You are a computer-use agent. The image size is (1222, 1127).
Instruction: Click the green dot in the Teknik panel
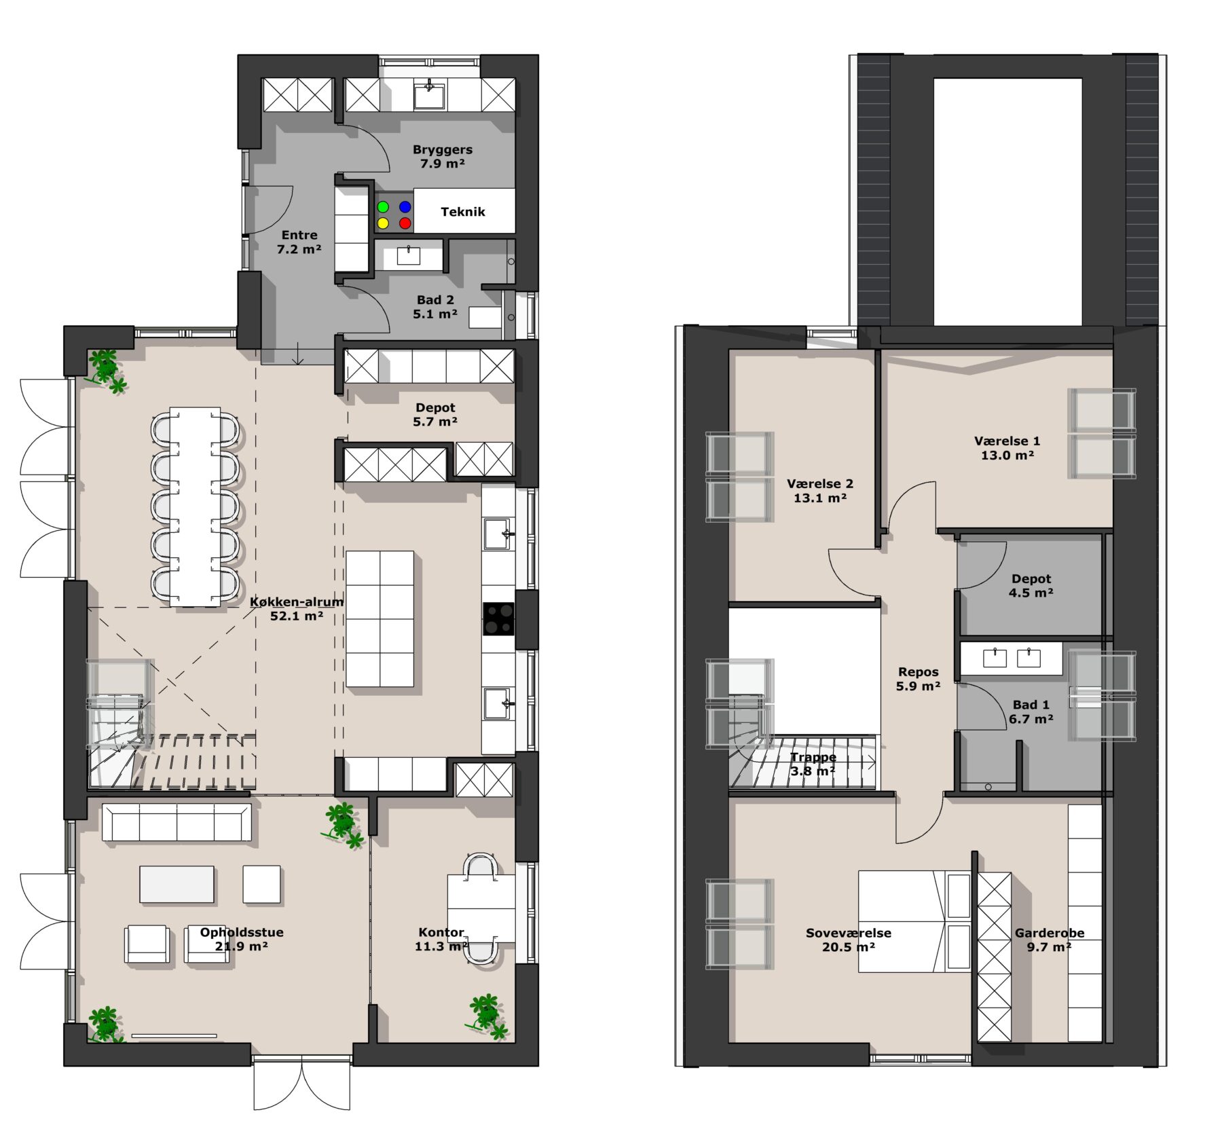coord(383,206)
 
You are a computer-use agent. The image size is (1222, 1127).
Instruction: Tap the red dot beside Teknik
coord(405,223)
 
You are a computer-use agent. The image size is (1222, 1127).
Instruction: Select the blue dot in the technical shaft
coord(405,206)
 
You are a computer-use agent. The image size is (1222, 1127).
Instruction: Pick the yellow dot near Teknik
coord(383,223)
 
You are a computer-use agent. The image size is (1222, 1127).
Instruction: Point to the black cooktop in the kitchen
coord(498,618)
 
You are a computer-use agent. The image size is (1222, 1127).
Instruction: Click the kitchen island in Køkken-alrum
coord(379,618)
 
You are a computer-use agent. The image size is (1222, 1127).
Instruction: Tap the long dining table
coord(195,506)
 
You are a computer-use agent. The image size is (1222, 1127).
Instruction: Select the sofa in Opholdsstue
coord(177,823)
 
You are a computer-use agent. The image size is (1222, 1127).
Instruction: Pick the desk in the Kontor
coord(481,908)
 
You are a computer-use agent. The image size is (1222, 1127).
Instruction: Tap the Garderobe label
coord(1050,933)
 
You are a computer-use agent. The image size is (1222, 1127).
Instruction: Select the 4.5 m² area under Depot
coord(1031,593)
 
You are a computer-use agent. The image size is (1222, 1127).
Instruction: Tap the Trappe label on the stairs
coord(813,757)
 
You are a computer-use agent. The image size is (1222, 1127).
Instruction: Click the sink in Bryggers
coord(429,96)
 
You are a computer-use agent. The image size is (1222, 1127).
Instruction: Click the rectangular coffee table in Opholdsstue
coord(177,884)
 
